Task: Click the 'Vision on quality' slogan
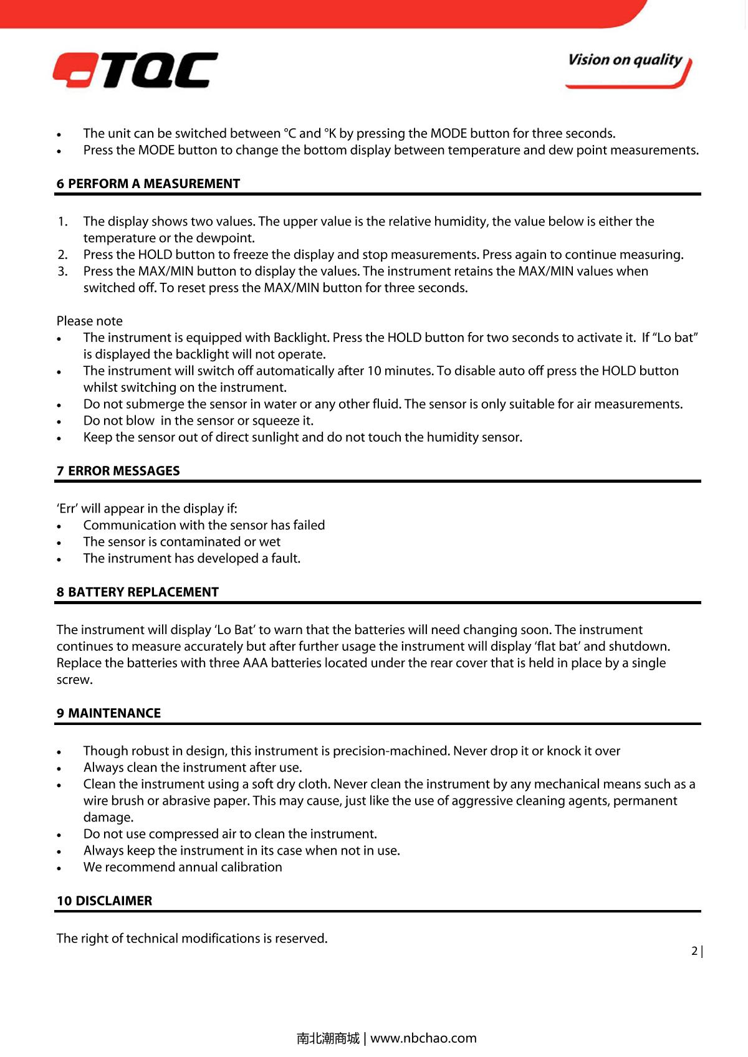625,60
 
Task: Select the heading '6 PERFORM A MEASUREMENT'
148,184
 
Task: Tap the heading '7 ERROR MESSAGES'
118,471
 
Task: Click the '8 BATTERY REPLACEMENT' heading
138,592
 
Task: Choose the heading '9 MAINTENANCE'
108,713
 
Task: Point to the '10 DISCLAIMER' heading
104,901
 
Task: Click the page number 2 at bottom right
694,951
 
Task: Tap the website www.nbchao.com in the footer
424,1038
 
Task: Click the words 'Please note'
90,321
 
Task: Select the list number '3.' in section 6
62,271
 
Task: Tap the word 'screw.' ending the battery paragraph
75,680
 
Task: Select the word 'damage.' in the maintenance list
108,817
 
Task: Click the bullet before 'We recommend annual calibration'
59,868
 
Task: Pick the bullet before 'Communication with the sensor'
59,526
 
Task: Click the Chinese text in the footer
328,1038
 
